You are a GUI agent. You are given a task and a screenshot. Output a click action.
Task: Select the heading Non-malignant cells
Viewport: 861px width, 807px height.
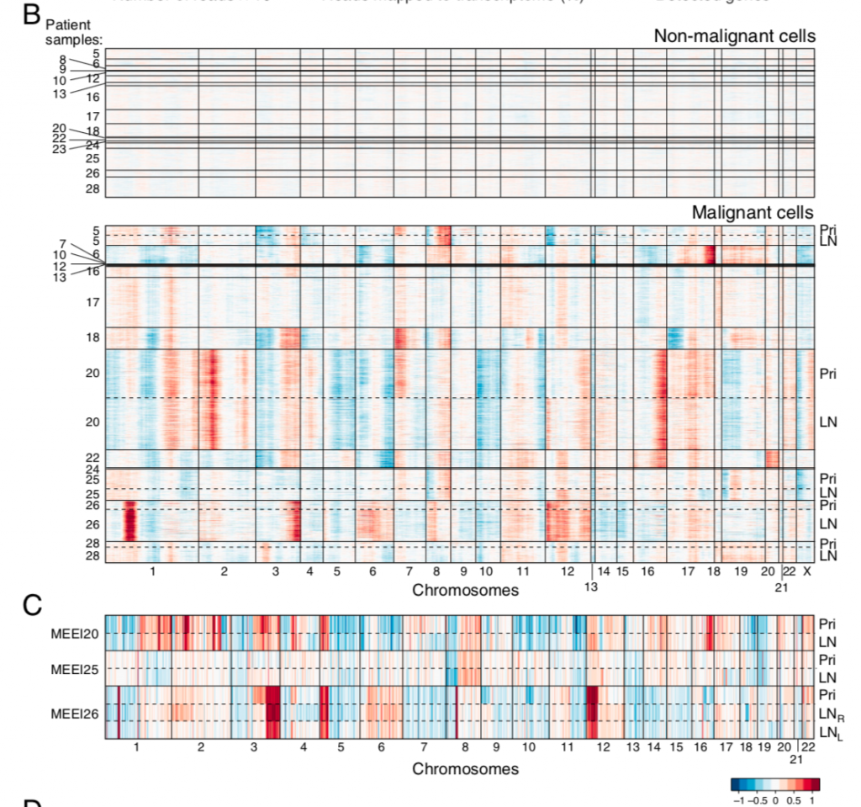(x=734, y=36)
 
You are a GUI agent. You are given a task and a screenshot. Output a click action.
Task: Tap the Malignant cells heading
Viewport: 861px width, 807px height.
(x=753, y=212)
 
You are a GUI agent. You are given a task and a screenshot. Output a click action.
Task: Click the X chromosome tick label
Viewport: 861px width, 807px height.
(x=806, y=571)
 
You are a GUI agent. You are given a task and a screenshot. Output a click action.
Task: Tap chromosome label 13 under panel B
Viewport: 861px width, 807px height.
(x=591, y=587)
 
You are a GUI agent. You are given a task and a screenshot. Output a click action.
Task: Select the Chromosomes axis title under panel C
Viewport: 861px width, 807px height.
(x=465, y=768)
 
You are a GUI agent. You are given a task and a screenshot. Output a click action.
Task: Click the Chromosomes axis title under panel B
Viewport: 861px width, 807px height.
(x=465, y=590)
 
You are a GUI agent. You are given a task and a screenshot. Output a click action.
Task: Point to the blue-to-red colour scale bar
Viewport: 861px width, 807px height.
(x=774, y=784)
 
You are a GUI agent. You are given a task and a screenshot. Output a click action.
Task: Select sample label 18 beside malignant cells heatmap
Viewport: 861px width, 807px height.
(x=93, y=337)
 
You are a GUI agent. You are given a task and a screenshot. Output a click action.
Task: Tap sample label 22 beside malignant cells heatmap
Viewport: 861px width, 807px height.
(x=93, y=457)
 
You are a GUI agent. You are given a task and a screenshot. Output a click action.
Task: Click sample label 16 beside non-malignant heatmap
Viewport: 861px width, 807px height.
(x=93, y=98)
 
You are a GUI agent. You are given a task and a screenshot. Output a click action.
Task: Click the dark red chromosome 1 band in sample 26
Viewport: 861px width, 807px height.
(x=129, y=521)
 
